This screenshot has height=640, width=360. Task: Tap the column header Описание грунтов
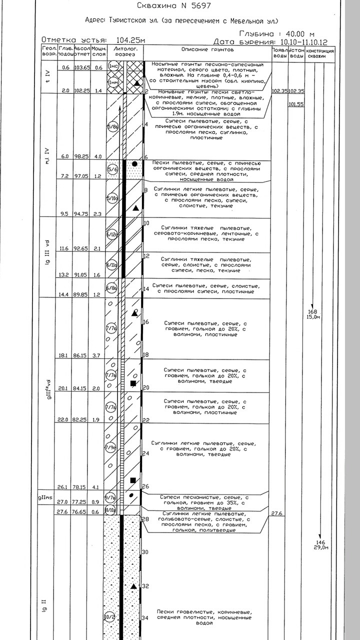pyautogui.click(x=207, y=50)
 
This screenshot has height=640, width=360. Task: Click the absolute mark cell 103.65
pyautogui.click(x=81, y=67)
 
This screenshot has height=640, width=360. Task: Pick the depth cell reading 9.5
pyautogui.click(x=63, y=213)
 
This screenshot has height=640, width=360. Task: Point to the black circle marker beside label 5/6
pyautogui.click(x=134, y=163)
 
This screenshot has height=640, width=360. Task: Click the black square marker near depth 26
pyautogui.click(x=133, y=480)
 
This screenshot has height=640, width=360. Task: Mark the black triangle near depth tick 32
pyautogui.click(x=133, y=585)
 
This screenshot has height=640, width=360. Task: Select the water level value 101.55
pyautogui.click(x=296, y=104)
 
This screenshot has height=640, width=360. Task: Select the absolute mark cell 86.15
pyautogui.click(x=81, y=355)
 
